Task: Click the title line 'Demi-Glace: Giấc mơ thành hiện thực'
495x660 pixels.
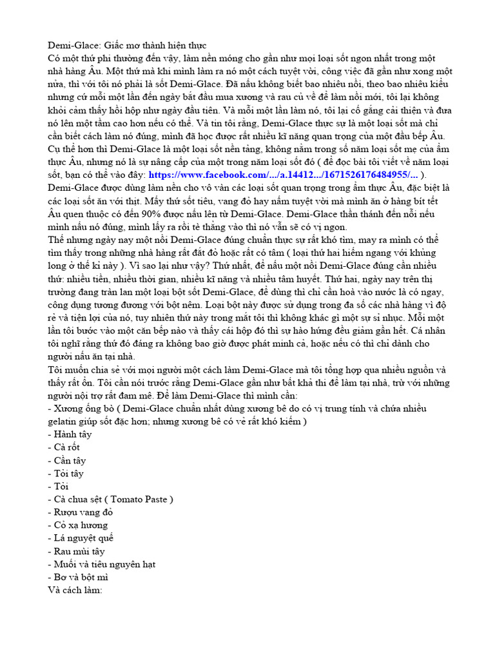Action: tap(126, 46)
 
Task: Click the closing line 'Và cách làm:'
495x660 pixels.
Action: tap(75, 590)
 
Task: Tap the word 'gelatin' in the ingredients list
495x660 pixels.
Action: tap(64, 422)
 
